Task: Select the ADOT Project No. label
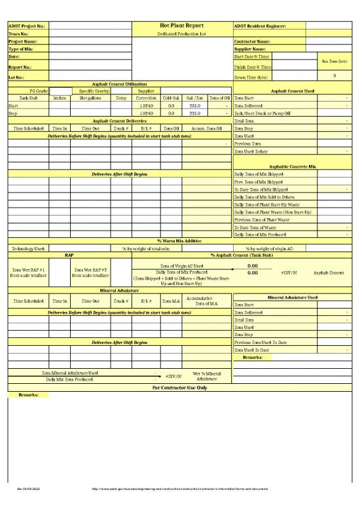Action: point(26,26)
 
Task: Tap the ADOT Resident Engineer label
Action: point(260,26)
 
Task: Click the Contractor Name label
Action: point(252,41)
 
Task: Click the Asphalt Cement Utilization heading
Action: point(118,85)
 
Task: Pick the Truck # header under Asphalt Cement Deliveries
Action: point(120,128)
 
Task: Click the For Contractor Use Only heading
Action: point(179,387)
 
